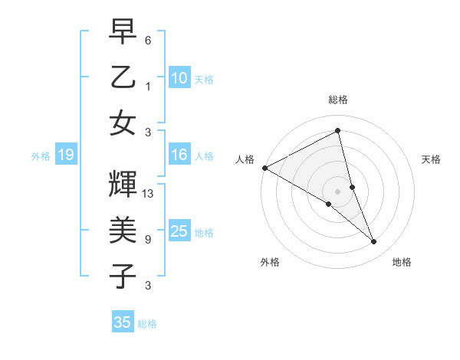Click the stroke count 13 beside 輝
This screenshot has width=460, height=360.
pos(149,194)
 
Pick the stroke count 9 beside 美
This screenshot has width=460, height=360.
pos(148,240)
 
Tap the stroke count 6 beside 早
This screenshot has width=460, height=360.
pos(148,40)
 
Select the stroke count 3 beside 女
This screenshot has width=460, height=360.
pos(148,131)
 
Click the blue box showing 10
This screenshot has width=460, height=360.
pos(179,77)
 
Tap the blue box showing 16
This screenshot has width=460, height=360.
pos(179,155)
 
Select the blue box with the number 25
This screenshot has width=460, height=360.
pos(179,231)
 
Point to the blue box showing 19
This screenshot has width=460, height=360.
pos(66,155)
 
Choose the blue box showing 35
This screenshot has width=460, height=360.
pos(123,322)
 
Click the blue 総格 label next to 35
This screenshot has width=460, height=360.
pos(147,324)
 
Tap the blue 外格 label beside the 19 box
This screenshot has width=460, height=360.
pos(41,156)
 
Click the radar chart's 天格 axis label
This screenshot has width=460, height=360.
pos(432,159)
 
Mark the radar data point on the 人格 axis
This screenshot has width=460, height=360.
pos(264,168)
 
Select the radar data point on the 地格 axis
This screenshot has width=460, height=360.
pos(374,241)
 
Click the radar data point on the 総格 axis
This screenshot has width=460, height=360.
pos(338,132)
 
